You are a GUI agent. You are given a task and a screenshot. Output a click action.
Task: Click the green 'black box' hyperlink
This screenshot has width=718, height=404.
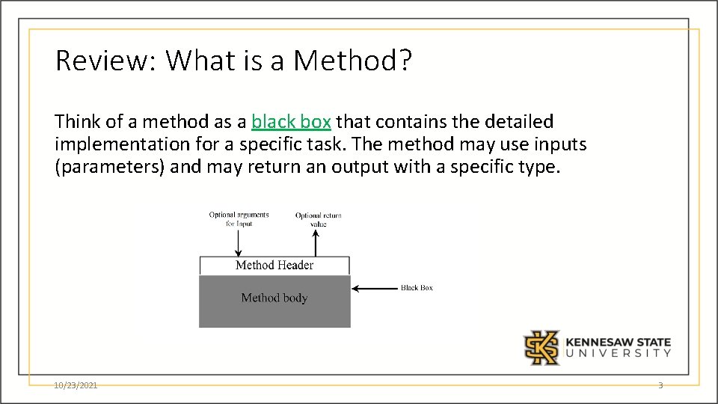coord(291,122)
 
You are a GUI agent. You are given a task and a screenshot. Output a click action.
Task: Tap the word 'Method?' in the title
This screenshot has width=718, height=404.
coord(352,61)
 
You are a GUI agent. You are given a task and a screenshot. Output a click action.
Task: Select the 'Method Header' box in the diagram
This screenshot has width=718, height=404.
coord(274,266)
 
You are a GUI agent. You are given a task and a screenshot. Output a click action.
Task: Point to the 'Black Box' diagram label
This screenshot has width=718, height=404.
coord(417,288)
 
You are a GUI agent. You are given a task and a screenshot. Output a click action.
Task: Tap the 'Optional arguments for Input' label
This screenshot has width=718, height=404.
coord(239,219)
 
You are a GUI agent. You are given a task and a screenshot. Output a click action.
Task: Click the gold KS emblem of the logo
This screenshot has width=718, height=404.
coord(541,347)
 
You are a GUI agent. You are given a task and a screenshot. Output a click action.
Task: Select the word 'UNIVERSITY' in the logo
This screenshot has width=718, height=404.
coord(618,354)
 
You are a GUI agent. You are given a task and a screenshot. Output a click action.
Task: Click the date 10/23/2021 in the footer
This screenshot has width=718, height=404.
coord(76,385)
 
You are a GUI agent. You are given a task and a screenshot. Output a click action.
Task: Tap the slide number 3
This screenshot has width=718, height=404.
coord(660,385)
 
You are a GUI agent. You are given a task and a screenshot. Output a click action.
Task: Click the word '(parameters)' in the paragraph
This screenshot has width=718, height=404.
coord(110,167)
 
